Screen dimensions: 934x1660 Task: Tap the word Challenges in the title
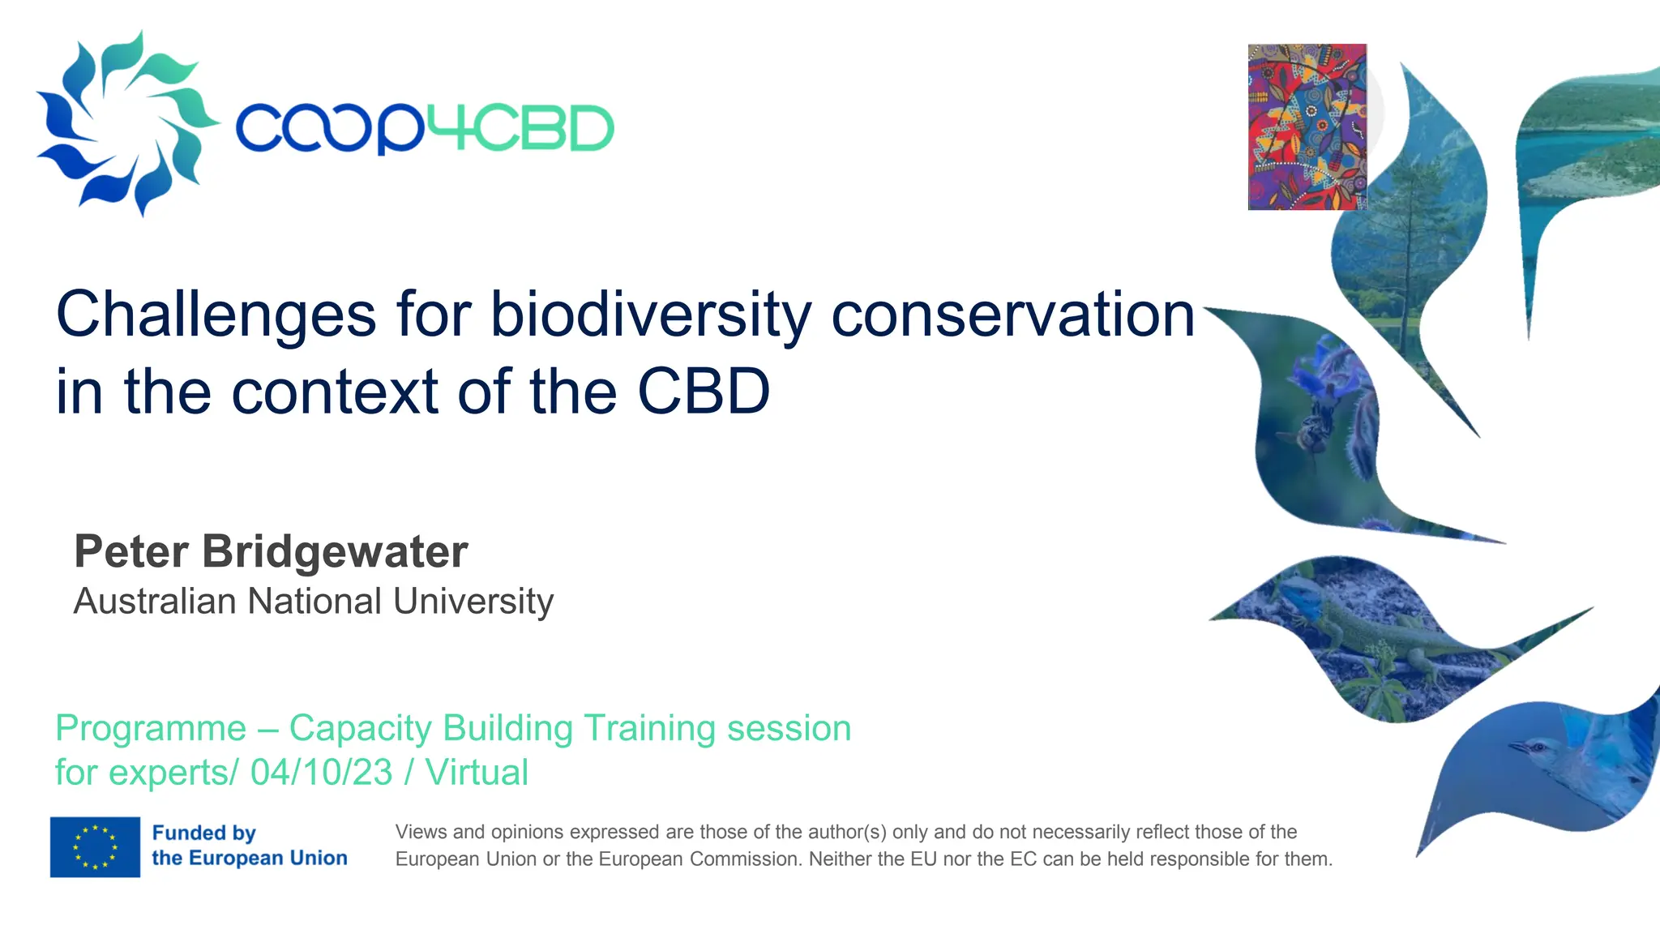(216, 315)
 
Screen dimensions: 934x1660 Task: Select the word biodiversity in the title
(649, 315)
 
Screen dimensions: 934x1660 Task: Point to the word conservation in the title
(1012, 315)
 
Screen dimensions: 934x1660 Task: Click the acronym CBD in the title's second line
(703, 392)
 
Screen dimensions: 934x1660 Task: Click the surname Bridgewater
(335, 552)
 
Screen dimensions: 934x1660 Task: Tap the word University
(473, 602)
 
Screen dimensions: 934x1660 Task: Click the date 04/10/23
(321, 772)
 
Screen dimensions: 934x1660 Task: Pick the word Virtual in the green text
(477, 772)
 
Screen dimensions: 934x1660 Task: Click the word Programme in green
(151, 728)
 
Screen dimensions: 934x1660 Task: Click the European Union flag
(95, 846)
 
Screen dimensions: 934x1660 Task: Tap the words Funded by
(203, 833)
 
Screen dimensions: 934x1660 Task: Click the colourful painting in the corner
(1307, 127)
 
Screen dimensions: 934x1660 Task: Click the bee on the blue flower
(1312, 434)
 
